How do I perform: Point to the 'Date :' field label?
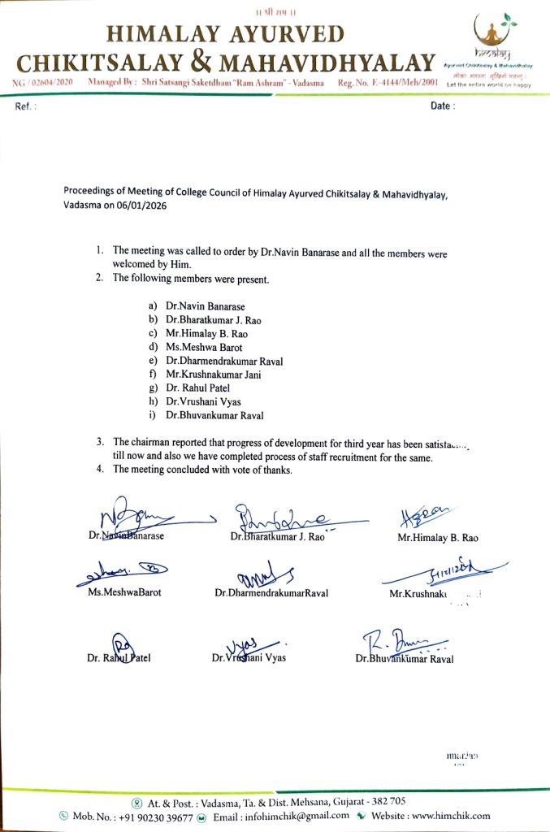[443, 106]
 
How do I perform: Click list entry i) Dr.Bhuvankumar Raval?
[214, 415]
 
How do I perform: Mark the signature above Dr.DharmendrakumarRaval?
[265, 575]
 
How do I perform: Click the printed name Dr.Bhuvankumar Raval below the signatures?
[405, 659]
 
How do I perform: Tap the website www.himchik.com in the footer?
[452, 816]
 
